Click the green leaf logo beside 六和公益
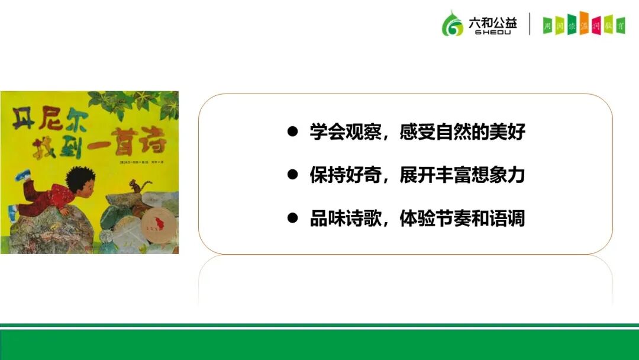453,24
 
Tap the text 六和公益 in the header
492,21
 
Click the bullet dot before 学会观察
292,131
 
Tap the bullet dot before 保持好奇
292,175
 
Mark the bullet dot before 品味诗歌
292,218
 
